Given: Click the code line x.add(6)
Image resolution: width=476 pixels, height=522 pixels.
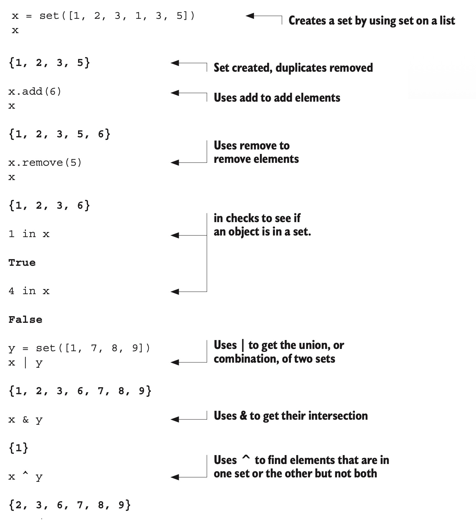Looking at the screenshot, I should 35,92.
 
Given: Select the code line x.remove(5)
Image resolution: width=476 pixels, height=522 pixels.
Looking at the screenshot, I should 45,163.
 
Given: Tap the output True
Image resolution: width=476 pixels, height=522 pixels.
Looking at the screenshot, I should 22,263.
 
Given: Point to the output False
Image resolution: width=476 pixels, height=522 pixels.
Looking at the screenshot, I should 25,320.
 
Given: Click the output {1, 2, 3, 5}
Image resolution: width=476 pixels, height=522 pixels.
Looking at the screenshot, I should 49,63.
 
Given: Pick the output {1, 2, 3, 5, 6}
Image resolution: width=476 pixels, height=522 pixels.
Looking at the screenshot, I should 60,134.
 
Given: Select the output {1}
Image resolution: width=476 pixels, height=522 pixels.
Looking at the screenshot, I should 18,448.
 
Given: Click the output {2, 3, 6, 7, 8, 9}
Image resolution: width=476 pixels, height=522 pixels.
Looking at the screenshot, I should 70,505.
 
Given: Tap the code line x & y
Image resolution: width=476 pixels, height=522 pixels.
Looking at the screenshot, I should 25,420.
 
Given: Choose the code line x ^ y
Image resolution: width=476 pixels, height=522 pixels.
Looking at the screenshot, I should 25,477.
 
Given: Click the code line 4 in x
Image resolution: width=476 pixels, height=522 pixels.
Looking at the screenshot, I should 29,291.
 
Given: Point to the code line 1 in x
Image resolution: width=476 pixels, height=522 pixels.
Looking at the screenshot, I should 29,234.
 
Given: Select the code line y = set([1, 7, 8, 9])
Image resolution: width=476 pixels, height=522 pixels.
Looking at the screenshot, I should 79,348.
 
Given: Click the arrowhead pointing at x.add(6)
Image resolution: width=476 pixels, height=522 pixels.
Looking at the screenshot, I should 175,93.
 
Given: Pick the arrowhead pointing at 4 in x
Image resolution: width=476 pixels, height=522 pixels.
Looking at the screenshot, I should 175,291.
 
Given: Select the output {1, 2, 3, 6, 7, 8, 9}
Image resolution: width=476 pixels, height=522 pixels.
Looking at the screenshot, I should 80,391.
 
